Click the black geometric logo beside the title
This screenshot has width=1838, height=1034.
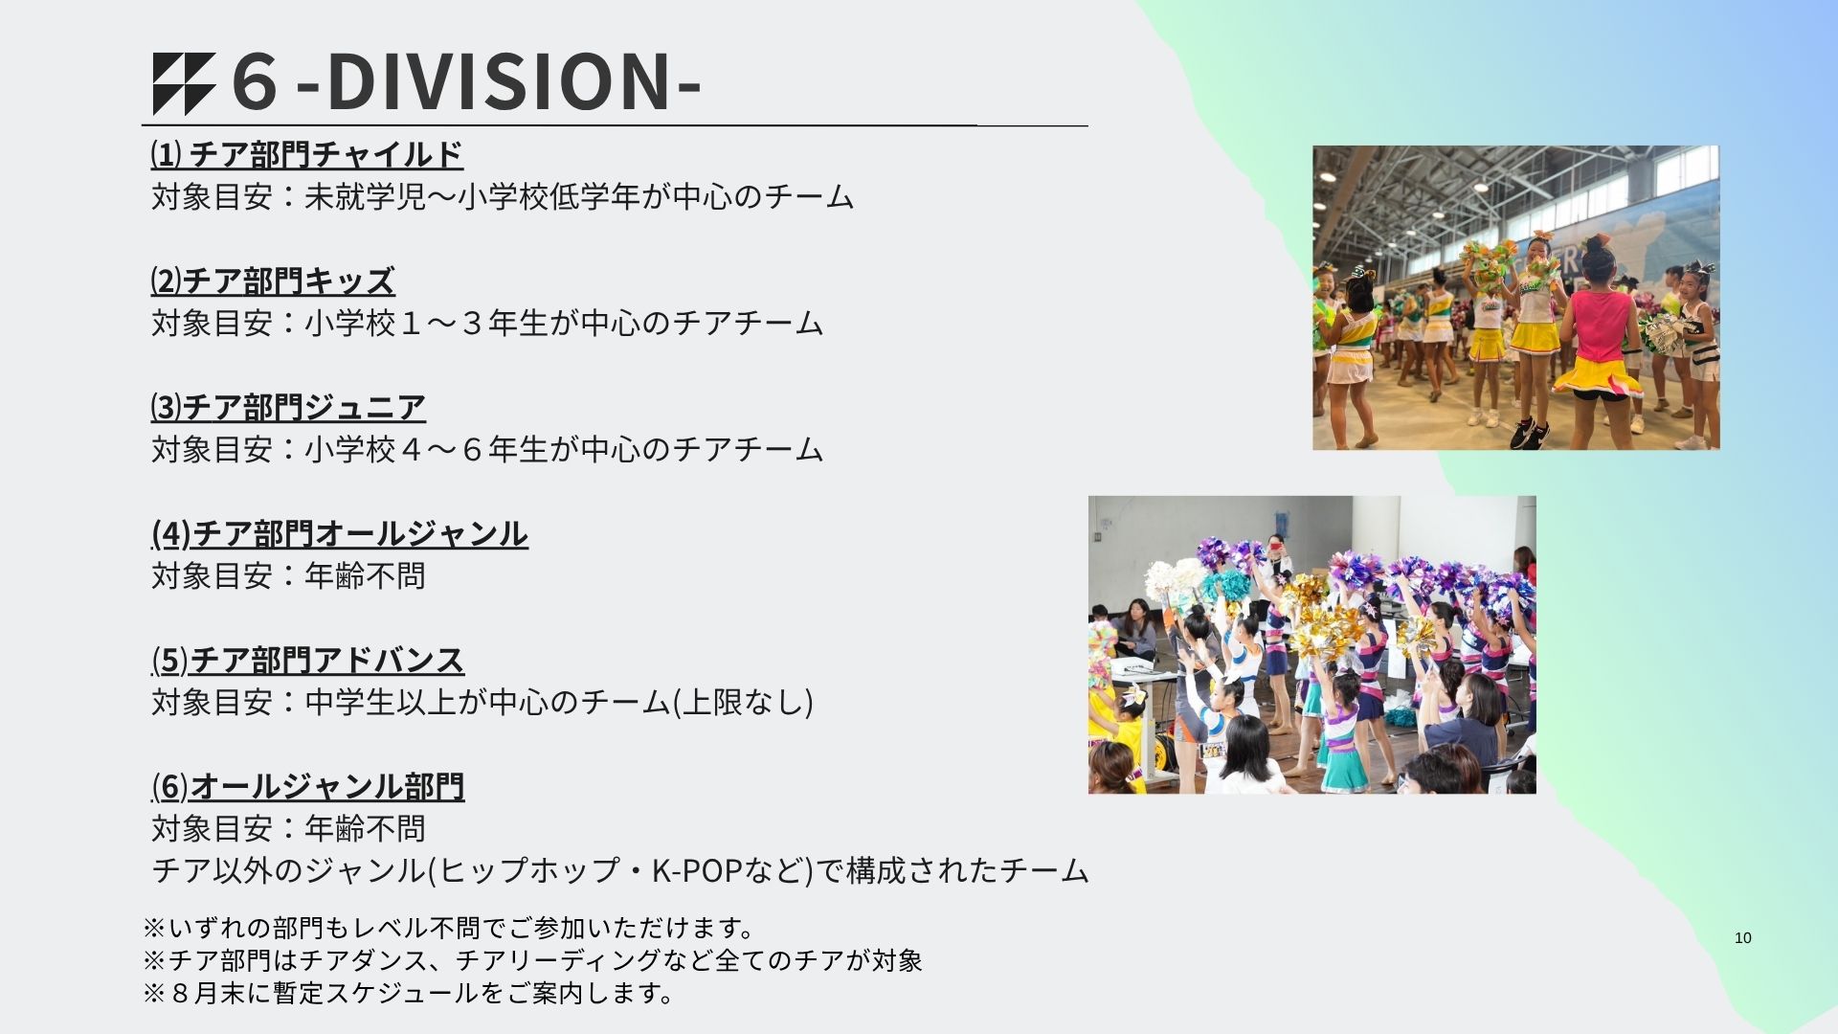185,84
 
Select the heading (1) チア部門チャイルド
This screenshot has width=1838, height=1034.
307,154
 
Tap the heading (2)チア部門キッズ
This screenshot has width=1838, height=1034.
273,281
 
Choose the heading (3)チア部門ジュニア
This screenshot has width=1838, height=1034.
288,407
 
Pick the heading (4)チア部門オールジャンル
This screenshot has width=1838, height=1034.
340,533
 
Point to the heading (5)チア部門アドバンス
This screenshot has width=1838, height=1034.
308,660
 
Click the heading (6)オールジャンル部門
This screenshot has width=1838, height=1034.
308,786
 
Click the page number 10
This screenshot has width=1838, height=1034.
1743,938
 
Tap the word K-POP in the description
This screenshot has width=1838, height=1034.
698,870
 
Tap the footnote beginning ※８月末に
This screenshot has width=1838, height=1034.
410,993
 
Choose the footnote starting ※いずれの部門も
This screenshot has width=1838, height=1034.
450,928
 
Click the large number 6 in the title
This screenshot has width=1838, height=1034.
255,82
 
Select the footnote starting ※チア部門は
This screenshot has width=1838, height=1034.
532,960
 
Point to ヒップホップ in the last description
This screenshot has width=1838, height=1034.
529,870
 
